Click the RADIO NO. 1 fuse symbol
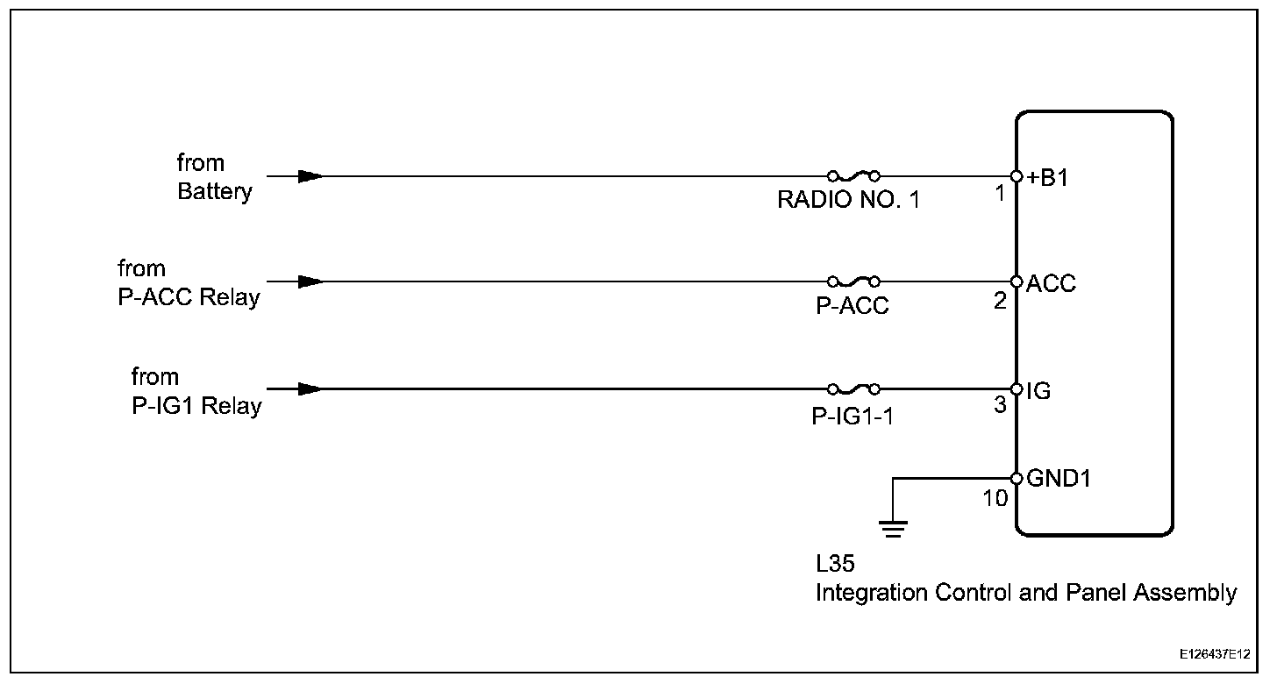click(x=853, y=175)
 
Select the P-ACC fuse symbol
click(x=853, y=281)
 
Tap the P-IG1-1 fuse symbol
click(x=853, y=388)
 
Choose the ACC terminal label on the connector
click(x=1051, y=283)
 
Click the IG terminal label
click(x=1038, y=390)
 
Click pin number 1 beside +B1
click(x=1000, y=193)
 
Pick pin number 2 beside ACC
click(x=1000, y=301)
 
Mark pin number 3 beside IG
click(x=1000, y=407)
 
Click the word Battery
click(x=214, y=192)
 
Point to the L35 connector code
click(x=835, y=564)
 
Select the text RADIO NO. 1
click(x=848, y=201)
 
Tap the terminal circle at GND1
click(x=1017, y=479)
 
